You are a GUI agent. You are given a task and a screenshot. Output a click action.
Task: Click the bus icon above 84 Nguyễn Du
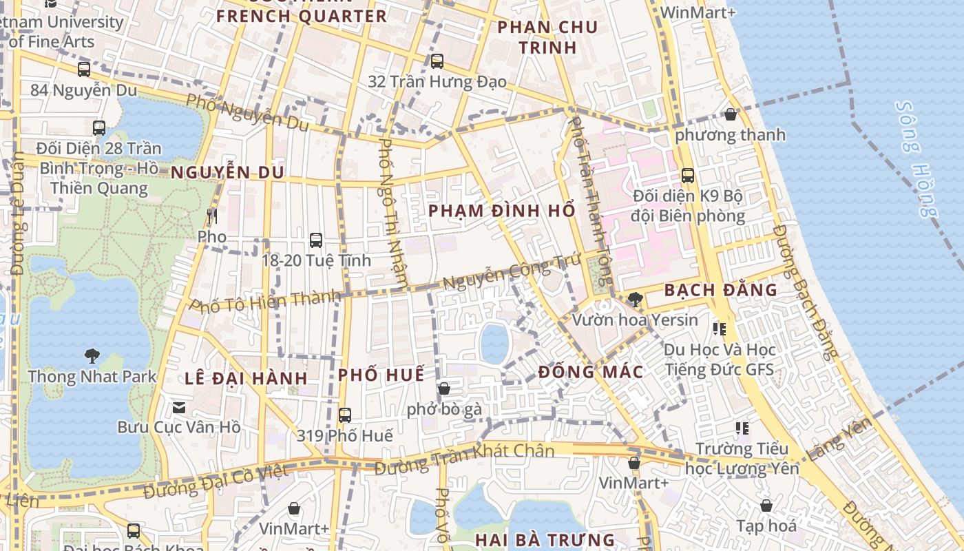click(84, 70)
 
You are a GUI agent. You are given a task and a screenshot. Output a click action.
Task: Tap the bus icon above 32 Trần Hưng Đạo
click(437, 61)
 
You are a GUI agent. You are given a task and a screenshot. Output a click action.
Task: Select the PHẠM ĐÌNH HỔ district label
click(502, 211)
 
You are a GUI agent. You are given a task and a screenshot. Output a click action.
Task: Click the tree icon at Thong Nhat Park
click(92, 356)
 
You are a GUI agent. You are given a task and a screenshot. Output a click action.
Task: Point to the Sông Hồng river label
click(917, 159)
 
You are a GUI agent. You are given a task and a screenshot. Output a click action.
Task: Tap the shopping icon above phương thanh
click(730, 114)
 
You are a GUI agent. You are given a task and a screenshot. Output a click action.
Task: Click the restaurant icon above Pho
click(211, 216)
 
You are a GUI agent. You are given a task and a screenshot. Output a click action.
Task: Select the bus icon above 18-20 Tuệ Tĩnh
click(316, 240)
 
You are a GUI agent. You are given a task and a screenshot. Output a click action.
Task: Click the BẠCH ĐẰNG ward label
click(720, 290)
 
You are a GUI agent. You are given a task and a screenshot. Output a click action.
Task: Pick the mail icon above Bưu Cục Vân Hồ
click(179, 407)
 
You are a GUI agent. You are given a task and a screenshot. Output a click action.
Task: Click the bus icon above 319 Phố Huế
click(345, 415)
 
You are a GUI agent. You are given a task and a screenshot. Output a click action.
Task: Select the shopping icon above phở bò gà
click(444, 389)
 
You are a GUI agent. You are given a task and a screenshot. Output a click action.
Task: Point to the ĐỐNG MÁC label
click(591, 373)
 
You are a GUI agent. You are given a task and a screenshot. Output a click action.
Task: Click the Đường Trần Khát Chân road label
click(465, 458)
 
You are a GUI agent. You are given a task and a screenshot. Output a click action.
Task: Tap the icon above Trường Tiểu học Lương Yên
click(742, 428)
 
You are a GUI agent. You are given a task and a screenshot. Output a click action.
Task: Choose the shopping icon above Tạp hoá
click(766, 506)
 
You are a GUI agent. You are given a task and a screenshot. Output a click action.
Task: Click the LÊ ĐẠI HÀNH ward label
click(246, 378)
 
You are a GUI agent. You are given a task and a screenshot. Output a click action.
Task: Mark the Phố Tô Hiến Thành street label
click(265, 302)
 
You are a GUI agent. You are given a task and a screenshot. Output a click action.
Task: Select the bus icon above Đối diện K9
click(687, 176)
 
